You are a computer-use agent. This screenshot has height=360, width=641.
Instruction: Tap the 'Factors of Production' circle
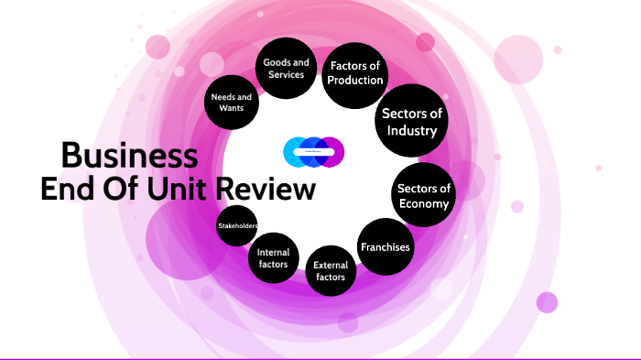coord(355,73)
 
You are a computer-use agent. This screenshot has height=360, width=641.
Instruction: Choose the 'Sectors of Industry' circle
coord(410,123)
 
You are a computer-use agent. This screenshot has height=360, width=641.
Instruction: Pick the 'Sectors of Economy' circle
coord(423,196)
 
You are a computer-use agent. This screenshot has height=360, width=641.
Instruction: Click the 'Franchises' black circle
coord(385,247)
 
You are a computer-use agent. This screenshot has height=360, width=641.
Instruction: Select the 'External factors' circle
coord(331,270)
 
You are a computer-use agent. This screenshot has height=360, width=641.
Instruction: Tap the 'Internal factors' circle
coord(274,257)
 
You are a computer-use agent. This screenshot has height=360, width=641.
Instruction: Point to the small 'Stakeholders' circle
coord(237,225)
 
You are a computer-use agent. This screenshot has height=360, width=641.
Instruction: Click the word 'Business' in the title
coord(128,155)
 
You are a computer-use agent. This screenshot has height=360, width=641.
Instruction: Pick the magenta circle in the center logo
coord(331,152)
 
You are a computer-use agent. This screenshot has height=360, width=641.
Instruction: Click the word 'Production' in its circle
coord(355,81)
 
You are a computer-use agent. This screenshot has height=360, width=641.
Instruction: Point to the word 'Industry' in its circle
coord(410,131)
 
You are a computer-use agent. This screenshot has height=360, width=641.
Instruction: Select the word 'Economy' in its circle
coord(423,203)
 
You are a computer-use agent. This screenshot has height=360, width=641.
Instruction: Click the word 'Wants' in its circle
coord(232,107)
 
